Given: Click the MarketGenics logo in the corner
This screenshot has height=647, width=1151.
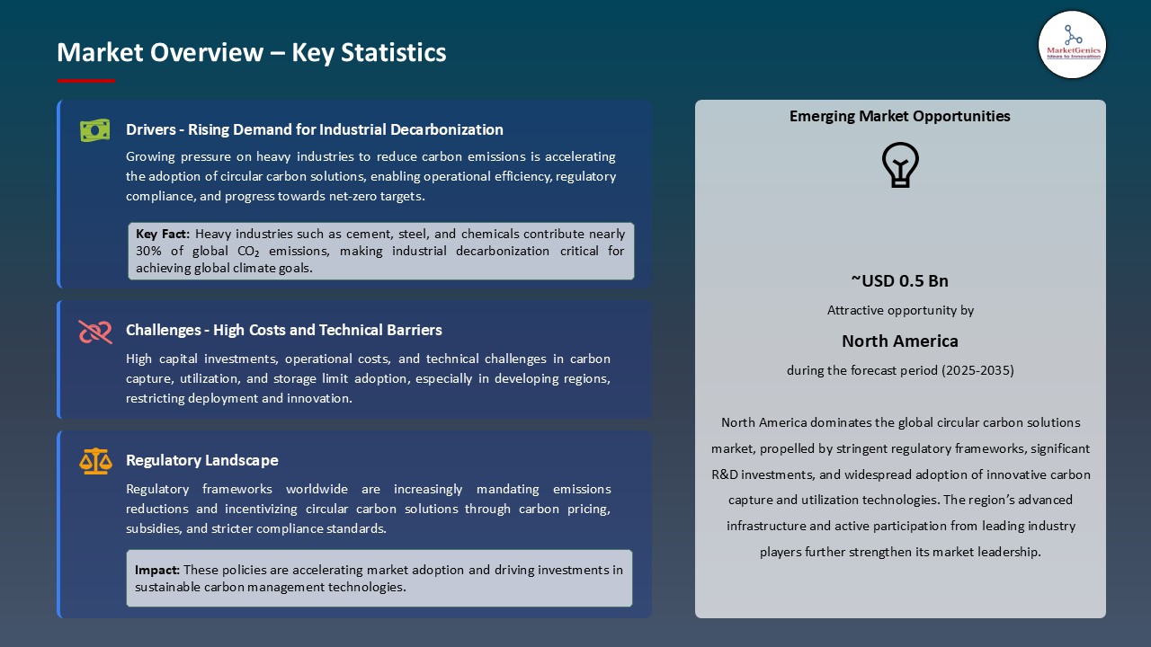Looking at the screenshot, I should [x=1072, y=44].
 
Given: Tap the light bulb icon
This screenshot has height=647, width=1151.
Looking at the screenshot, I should [x=899, y=165].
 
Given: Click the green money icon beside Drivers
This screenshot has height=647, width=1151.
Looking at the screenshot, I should [x=94, y=130].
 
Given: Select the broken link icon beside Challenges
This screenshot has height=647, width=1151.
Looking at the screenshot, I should [x=94, y=332].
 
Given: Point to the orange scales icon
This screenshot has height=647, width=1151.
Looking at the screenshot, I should [x=95, y=461].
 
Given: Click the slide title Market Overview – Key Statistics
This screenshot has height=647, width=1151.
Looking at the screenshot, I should [x=252, y=52].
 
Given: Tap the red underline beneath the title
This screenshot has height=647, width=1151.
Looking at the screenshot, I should [x=86, y=81].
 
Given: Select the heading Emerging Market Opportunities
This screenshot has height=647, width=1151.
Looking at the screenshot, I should [x=899, y=116].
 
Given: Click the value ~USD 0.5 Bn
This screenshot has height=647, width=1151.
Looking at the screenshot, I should [x=899, y=280].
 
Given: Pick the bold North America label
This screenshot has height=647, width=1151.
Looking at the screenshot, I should [x=899, y=341].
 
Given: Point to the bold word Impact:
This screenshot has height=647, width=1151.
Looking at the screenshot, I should [x=157, y=570].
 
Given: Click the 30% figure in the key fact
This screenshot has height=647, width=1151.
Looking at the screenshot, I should [x=150, y=251].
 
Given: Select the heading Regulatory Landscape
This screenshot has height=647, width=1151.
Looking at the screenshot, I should [x=201, y=460].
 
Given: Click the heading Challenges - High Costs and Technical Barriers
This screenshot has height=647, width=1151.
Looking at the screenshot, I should [x=283, y=330].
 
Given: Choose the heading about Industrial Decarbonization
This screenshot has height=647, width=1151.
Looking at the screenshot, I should [x=314, y=129].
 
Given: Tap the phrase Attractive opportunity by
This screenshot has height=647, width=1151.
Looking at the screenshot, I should [x=899, y=310].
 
